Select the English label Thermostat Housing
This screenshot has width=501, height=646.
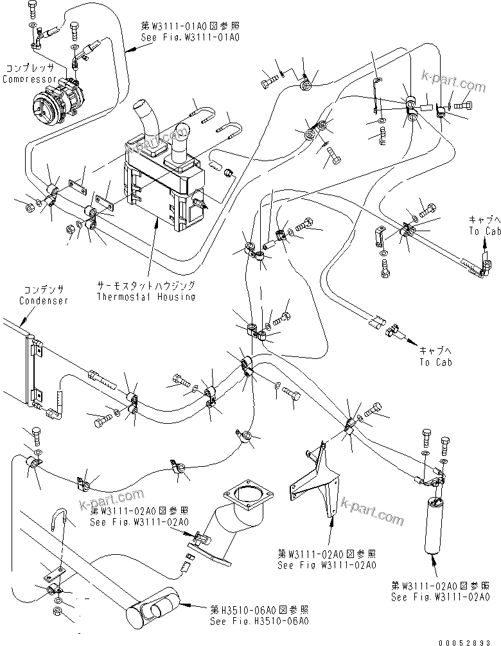coord(146,297)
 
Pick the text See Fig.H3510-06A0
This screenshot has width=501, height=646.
coord(260,621)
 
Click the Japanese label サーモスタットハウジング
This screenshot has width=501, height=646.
coord(146,284)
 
